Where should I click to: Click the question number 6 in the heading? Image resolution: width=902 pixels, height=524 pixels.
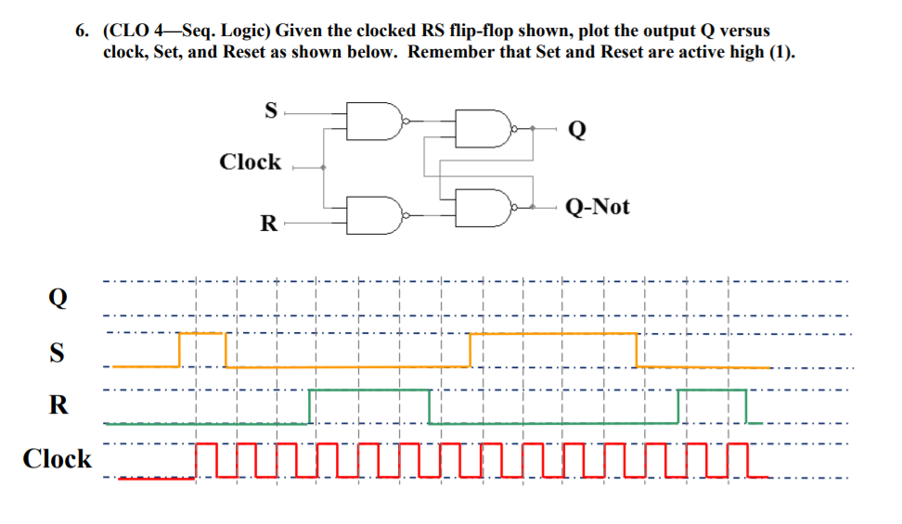tap(81, 32)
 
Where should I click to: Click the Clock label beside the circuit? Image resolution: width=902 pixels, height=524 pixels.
tap(250, 162)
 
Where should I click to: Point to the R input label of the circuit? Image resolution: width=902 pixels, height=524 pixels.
tap(268, 224)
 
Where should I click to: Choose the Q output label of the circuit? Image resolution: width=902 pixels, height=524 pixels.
tap(576, 130)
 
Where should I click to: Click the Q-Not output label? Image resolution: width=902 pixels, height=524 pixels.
tap(597, 206)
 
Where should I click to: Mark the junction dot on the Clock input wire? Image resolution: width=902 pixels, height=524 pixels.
tap(323, 168)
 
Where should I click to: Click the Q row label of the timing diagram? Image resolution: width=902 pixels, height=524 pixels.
tap(58, 300)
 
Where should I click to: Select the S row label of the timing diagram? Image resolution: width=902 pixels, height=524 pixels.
tap(58, 353)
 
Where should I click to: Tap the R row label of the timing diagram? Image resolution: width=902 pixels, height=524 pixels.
tap(58, 405)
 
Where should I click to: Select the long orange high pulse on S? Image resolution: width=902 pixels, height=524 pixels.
tap(553, 333)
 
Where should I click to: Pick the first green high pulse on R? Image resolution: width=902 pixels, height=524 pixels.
tap(368, 390)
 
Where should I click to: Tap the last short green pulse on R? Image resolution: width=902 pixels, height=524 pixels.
tap(712, 390)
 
